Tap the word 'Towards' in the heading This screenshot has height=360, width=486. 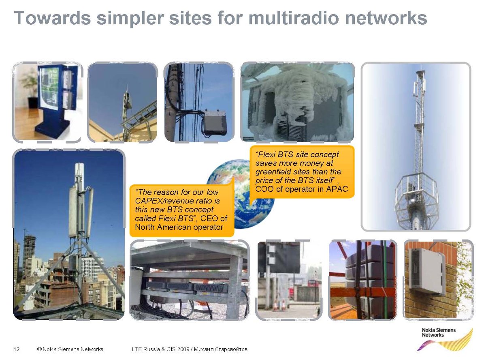click(x=52, y=18)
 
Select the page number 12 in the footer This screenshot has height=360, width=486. click(x=17, y=349)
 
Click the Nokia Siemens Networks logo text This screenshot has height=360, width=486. click(x=439, y=332)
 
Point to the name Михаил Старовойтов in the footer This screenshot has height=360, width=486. click(x=220, y=349)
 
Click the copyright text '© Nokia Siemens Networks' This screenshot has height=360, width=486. click(x=70, y=349)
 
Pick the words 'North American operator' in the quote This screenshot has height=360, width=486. click(x=179, y=227)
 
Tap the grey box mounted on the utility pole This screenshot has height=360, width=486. click(x=215, y=122)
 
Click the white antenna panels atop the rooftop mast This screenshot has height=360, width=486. click(x=79, y=173)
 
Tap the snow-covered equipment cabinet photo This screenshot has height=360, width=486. click(x=297, y=102)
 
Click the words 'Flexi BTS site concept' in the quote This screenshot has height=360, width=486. click(x=297, y=154)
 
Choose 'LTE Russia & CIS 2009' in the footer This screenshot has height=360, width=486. click(x=160, y=349)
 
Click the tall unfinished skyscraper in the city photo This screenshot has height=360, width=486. click(x=29, y=255)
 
